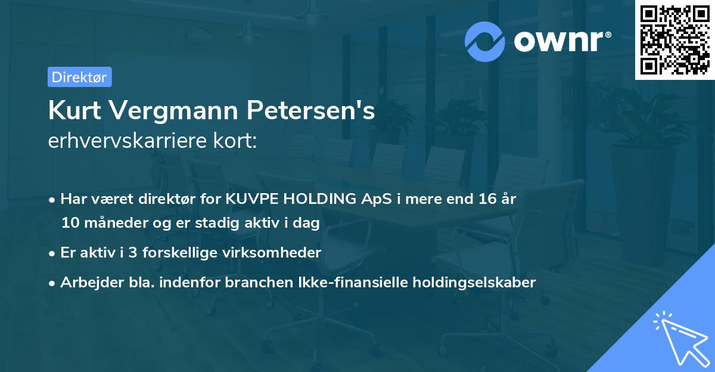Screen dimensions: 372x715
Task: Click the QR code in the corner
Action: coord(674,39)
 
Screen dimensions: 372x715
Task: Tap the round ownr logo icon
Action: coord(485,41)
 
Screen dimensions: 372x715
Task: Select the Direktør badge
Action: coord(79,77)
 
